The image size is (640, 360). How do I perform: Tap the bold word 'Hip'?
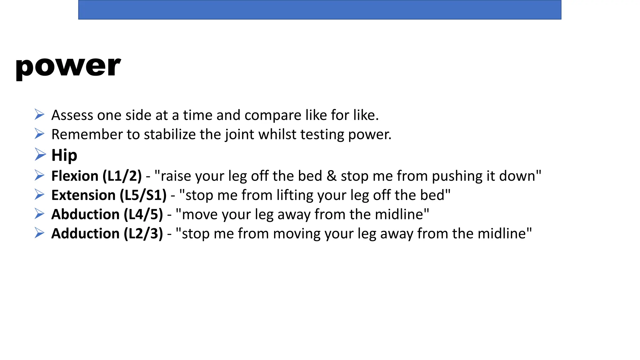point(64,155)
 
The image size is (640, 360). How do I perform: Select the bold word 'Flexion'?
point(75,176)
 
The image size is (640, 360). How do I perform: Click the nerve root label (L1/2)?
point(122,176)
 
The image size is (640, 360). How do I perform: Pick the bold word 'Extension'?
point(83,195)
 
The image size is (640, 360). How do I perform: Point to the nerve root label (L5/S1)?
point(143,195)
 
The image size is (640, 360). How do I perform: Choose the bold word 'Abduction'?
point(85,214)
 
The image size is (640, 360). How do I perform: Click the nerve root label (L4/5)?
point(143,214)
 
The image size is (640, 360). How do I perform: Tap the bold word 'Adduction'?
point(85,234)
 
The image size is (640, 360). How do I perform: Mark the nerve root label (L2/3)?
point(143,234)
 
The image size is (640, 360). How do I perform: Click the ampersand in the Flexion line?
point(331,176)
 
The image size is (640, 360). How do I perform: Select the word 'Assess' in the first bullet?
point(72,115)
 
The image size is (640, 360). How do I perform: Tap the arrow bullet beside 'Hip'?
point(40,154)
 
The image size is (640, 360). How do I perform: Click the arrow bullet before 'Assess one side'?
point(39,114)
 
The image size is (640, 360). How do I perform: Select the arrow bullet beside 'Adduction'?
point(39,233)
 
